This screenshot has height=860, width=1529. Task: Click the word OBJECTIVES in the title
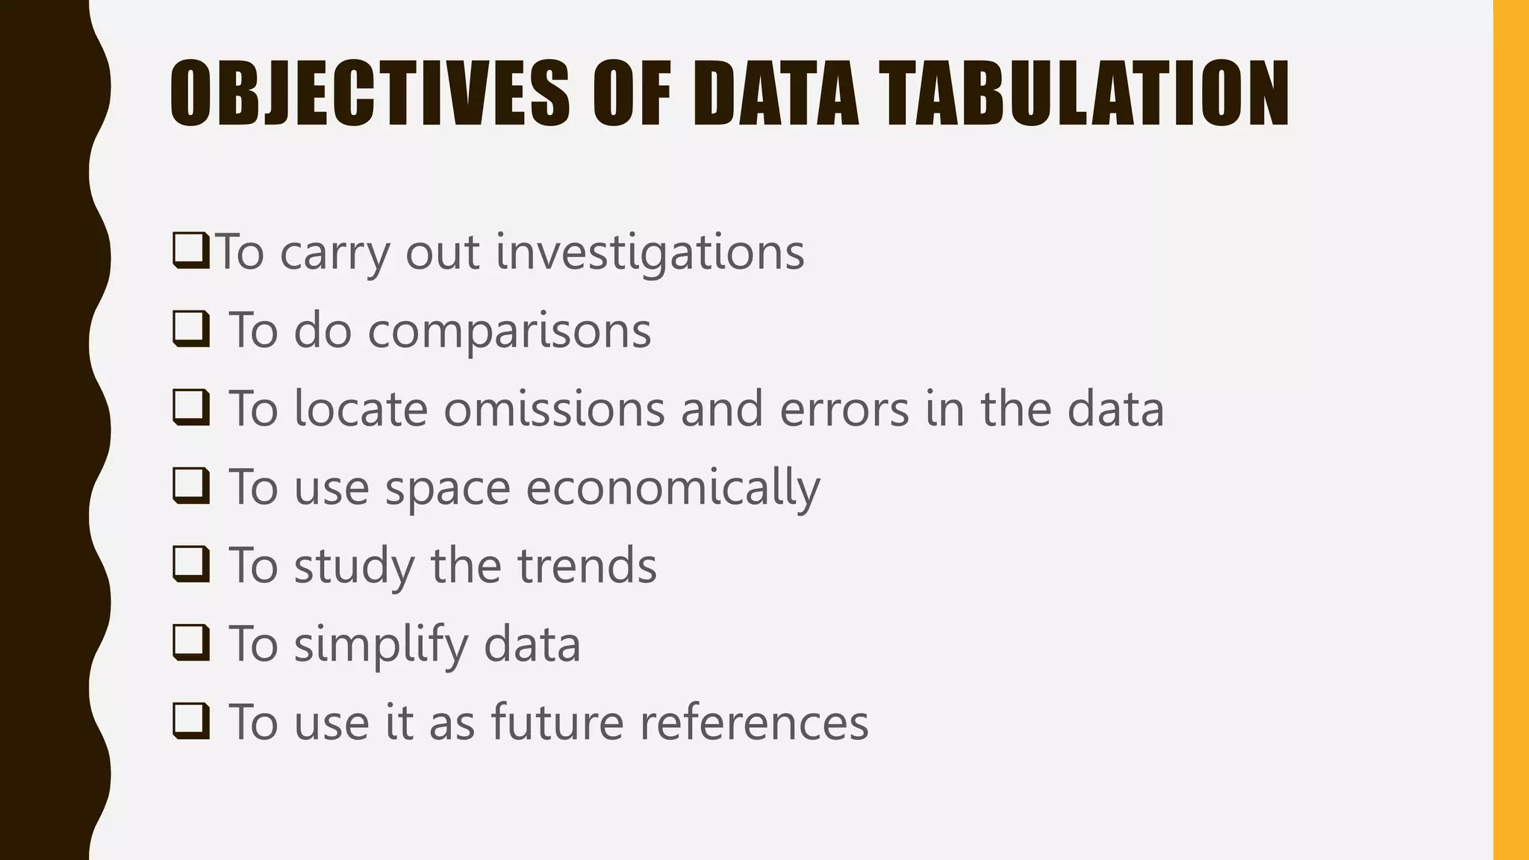point(369,94)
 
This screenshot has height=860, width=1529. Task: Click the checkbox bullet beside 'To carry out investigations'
point(190,250)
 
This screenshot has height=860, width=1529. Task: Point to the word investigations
point(650,252)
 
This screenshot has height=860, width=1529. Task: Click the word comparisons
point(509,331)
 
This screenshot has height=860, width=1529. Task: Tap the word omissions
point(554,409)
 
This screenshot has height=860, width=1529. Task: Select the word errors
point(844,409)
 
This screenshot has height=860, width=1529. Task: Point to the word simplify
point(380,644)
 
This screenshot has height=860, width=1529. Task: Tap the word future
point(557,723)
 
